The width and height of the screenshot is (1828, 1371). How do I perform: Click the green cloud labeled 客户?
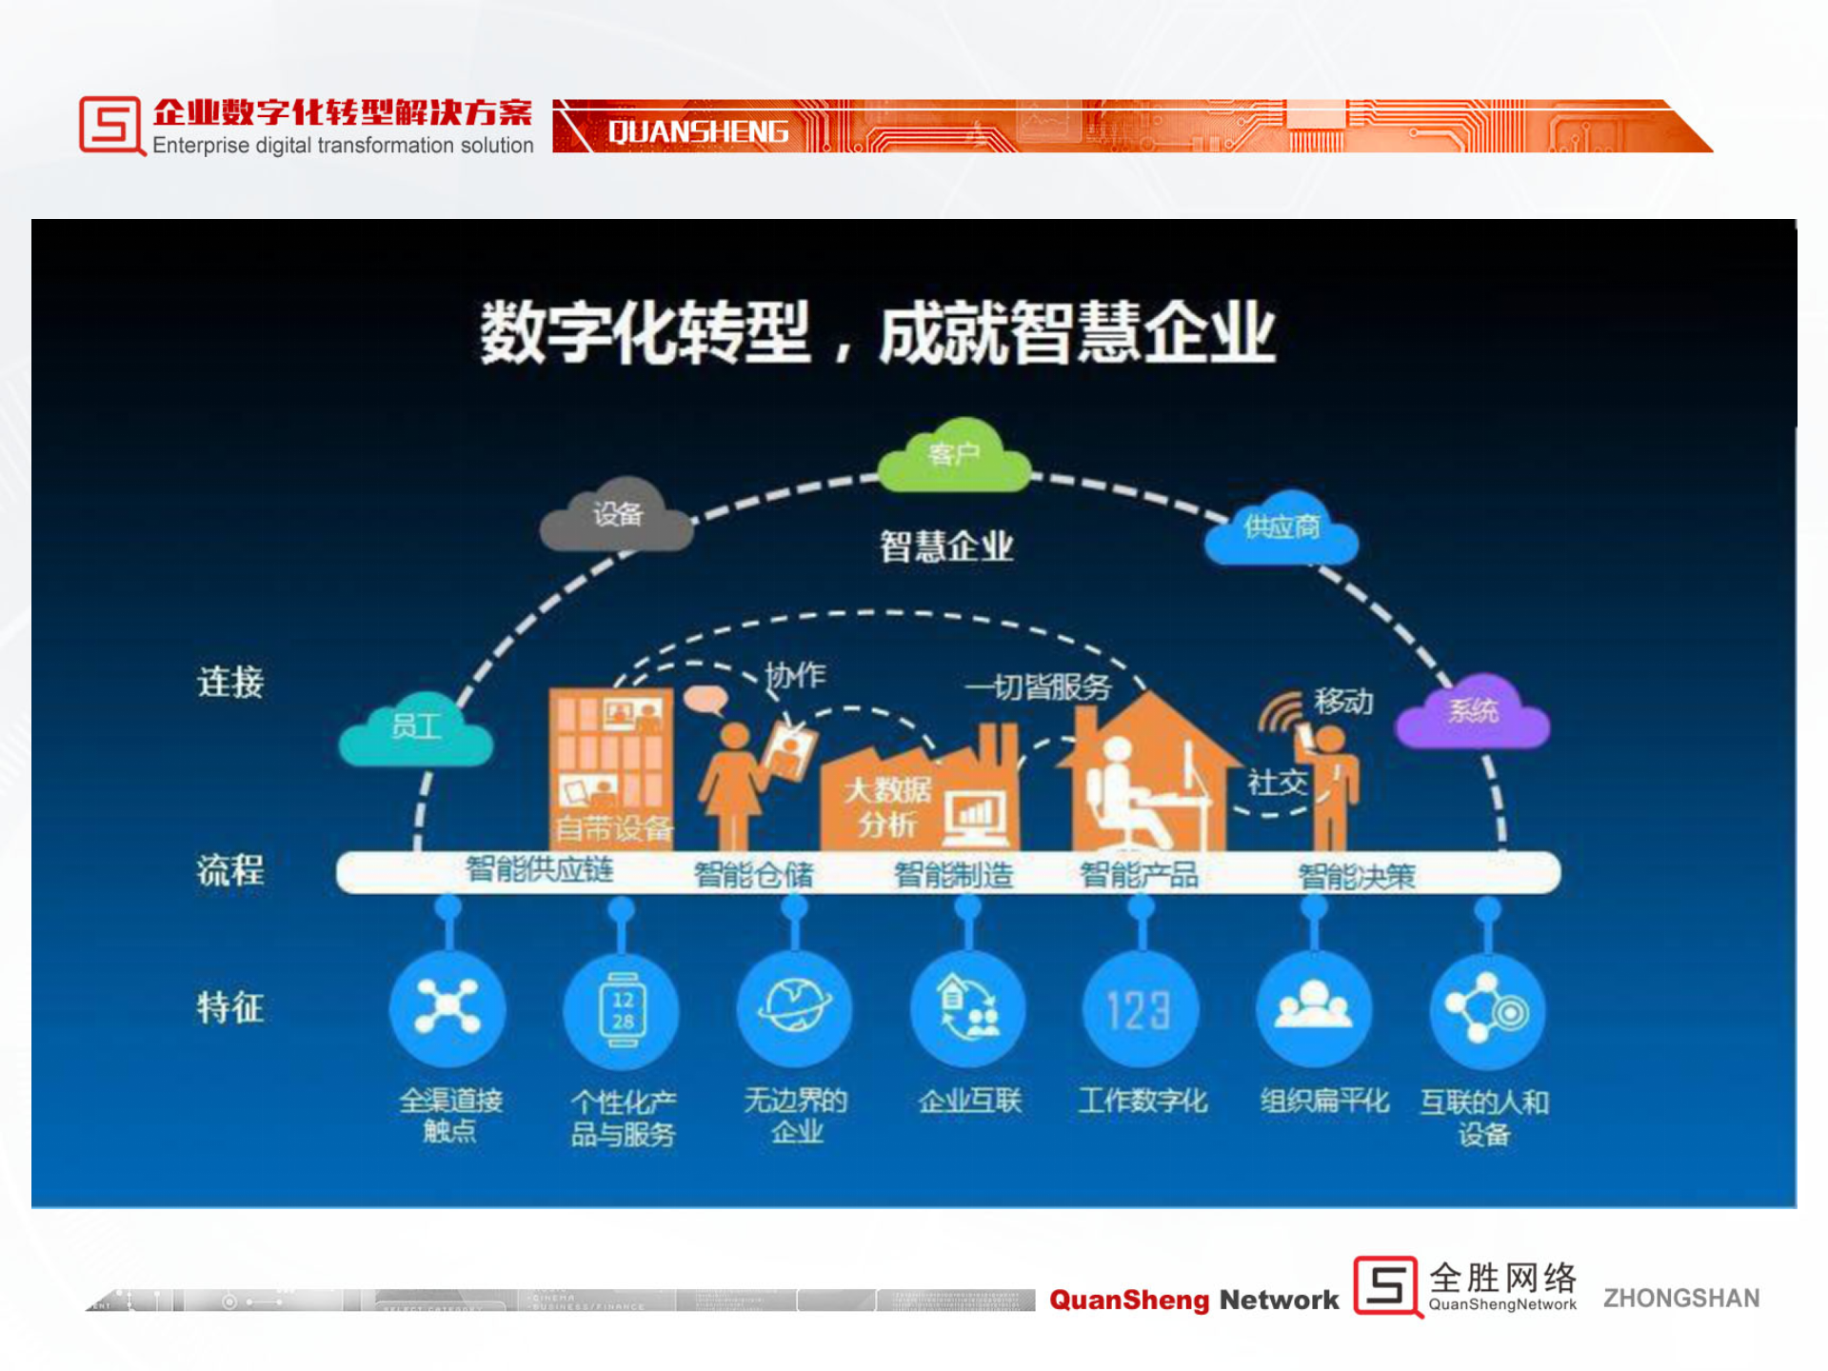(953, 456)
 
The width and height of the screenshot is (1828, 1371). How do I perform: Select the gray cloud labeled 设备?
(617, 516)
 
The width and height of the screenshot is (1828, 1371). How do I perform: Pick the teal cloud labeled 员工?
(416, 729)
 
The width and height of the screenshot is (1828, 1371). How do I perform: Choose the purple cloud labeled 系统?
(1472, 712)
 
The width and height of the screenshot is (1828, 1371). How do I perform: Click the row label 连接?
(230, 683)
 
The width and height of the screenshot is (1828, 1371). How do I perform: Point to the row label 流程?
(230, 870)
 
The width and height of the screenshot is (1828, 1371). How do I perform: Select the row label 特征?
(230, 1007)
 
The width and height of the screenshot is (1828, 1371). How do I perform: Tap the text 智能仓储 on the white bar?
(753, 874)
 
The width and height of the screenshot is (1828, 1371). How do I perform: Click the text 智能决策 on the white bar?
(1357, 876)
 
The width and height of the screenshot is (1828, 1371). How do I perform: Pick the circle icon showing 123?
(1140, 1010)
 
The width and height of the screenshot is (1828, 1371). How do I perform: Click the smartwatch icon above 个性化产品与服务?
(622, 1010)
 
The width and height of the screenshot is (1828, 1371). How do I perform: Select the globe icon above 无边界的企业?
(795, 1007)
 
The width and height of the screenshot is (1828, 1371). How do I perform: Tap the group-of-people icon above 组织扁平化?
(1314, 1008)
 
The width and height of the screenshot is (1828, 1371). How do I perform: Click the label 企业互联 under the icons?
(969, 1102)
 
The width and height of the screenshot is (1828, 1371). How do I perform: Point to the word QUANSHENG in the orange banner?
(698, 131)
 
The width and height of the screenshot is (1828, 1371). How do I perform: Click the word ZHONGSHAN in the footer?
(1681, 1299)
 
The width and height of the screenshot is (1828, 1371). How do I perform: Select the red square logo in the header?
(110, 125)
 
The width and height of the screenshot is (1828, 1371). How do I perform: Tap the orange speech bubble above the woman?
(705, 700)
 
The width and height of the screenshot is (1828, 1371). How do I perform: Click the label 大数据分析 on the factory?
(887, 806)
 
